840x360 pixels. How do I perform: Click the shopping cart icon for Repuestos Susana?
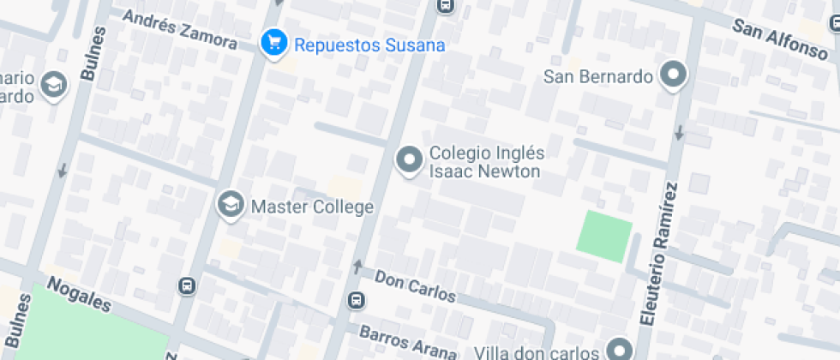[x=273, y=43]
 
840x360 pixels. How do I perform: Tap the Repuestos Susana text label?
[x=369, y=45]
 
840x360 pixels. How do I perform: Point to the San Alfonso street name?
[x=779, y=39]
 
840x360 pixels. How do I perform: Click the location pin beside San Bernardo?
[x=674, y=75]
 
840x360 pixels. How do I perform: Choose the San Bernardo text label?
[x=599, y=77]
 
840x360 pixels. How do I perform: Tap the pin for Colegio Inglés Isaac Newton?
[x=409, y=160]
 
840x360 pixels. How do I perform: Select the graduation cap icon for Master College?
[x=230, y=205]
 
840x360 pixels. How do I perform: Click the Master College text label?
[x=312, y=207]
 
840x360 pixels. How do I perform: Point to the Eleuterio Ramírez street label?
[x=658, y=253]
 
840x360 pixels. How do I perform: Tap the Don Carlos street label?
[x=416, y=288]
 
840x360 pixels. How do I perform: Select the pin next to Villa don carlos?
[x=619, y=349]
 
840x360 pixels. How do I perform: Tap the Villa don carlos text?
[x=537, y=352]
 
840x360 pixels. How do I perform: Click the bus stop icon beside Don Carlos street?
[x=355, y=301]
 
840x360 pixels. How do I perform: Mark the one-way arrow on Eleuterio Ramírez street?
[x=678, y=133]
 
